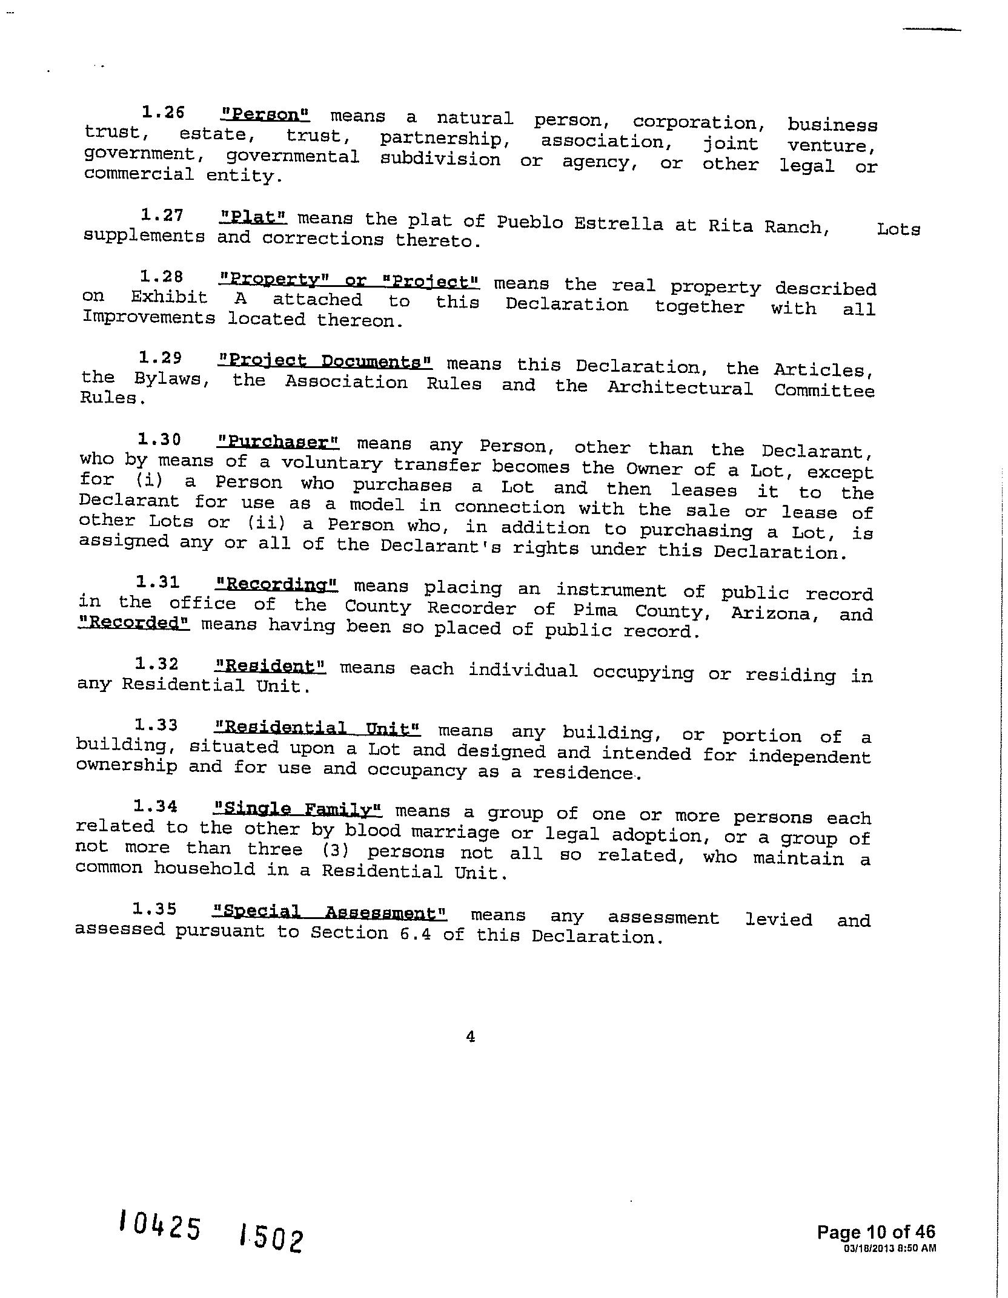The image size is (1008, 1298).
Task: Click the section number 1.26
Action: (163, 112)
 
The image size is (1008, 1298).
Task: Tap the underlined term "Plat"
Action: (253, 217)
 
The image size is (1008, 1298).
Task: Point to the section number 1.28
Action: (161, 277)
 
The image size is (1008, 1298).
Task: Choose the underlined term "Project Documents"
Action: (325, 361)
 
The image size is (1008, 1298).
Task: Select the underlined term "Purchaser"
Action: (278, 443)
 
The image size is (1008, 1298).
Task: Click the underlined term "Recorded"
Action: (134, 622)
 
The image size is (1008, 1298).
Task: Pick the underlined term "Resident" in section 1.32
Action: (271, 667)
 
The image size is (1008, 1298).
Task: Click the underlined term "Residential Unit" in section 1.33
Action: (317, 728)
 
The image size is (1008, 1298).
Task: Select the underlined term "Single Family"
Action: (298, 809)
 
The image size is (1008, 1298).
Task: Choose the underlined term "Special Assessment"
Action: (330, 912)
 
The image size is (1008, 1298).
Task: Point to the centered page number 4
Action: (471, 1036)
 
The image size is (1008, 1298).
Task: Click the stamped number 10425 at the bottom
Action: (160, 1227)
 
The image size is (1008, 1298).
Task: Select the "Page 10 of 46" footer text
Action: (876, 1231)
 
